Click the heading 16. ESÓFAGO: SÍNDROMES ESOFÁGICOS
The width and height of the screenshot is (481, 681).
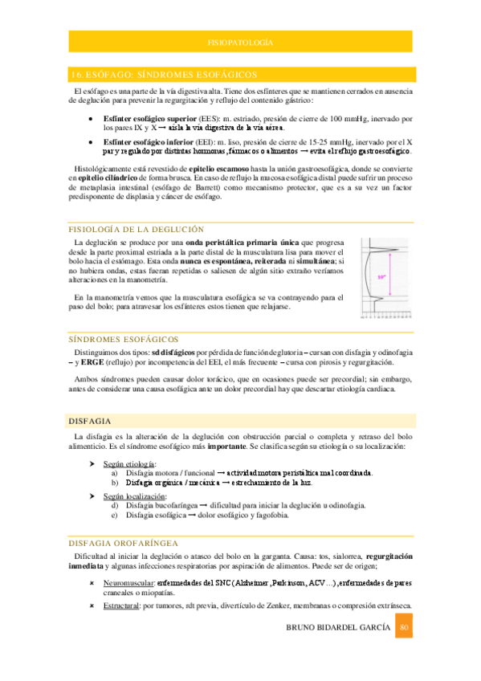click(x=164, y=74)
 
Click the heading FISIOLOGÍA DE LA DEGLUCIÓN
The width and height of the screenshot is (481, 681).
click(x=137, y=229)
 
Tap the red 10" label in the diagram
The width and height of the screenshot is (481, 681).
click(x=381, y=277)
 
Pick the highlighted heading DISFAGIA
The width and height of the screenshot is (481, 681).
click(x=91, y=422)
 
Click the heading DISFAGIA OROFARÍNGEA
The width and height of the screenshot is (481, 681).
click(x=129, y=542)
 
